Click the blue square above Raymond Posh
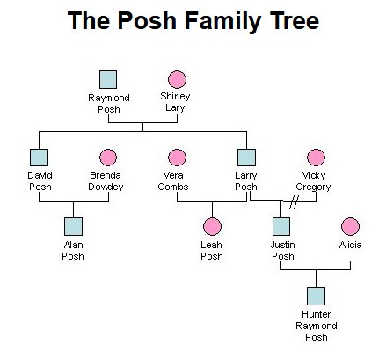[108, 79]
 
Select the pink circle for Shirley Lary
[177, 79]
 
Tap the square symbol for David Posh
[39, 158]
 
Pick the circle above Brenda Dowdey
[108, 158]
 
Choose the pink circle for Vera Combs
[177, 158]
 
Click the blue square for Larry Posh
[246, 158]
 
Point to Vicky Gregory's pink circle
[316, 158]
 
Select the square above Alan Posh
[73, 226]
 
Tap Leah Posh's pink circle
[212, 226]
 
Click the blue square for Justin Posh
[281, 226]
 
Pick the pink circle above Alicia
[350, 226]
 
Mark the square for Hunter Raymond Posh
[316, 296]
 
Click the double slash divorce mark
[294, 202]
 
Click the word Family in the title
[222, 20]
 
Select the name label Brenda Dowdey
[106, 181]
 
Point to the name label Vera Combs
[173, 181]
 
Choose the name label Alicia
[350, 245]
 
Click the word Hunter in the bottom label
[316, 314]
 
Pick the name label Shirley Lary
[175, 102]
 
